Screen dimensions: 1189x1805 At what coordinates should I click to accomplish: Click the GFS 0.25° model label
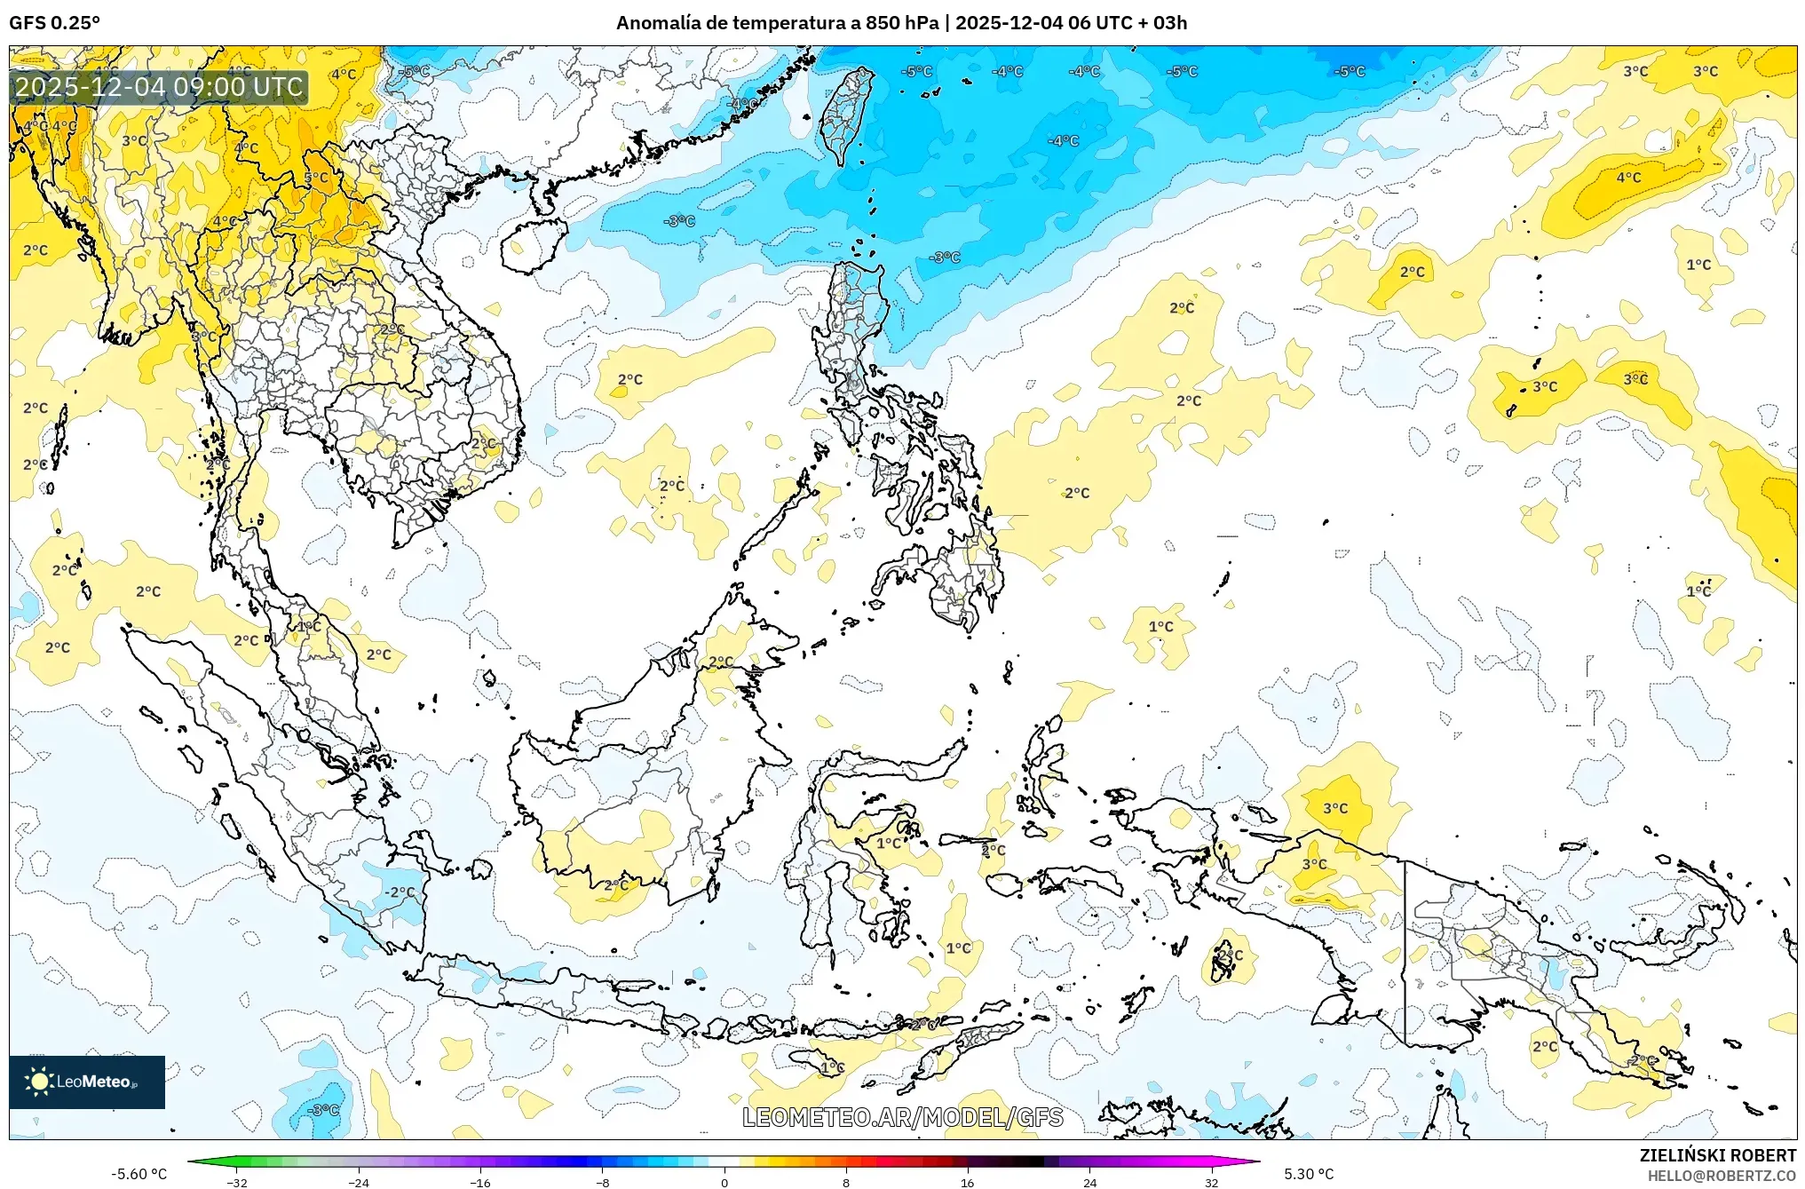point(54,23)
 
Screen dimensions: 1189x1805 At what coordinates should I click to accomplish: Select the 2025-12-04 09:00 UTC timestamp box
point(160,87)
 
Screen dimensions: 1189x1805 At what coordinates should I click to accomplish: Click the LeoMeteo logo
point(87,1082)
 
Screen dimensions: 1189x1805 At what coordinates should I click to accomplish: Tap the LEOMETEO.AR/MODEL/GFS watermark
point(902,1117)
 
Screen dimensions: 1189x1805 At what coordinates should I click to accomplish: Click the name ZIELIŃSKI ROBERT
point(1718,1155)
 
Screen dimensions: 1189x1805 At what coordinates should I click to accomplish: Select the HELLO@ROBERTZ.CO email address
point(1722,1176)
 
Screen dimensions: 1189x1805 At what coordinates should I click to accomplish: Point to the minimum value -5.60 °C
point(139,1174)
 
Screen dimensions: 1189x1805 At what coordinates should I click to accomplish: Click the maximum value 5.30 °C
point(1309,1174)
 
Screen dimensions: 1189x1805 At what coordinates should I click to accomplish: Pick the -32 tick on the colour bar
point(237,1183)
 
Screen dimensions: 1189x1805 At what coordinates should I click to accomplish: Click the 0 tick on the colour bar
point(724,1183)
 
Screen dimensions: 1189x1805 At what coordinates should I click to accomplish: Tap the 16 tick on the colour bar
point(968,1183)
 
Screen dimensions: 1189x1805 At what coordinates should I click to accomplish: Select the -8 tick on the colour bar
point(603,1183)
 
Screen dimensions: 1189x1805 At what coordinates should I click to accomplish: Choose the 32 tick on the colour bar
point(1211,1183)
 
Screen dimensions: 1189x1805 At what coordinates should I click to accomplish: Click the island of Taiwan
point(845,115)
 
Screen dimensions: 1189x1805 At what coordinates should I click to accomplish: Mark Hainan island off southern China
point(532,245)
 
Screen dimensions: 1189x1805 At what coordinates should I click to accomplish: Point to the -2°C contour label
point(399,892)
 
